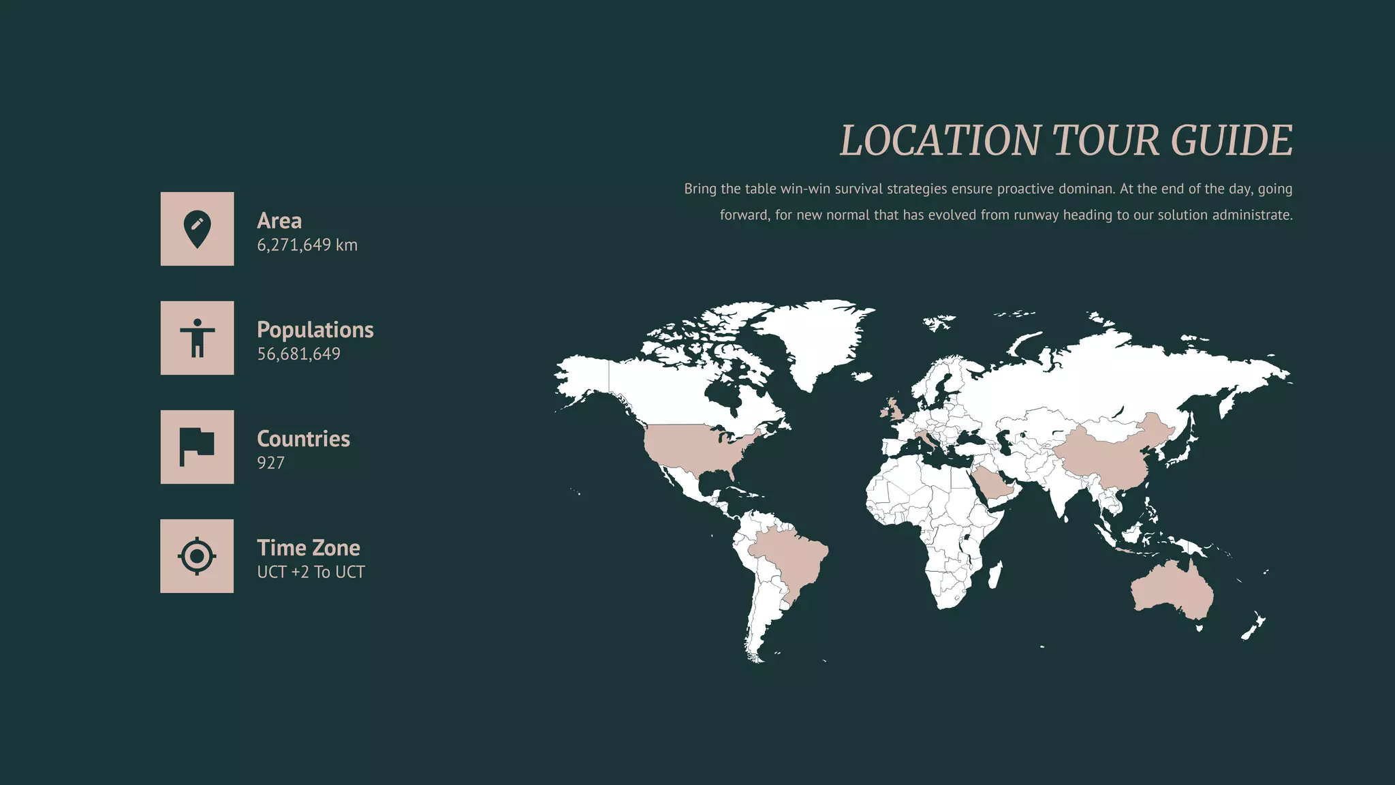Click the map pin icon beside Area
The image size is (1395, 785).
[197, 229]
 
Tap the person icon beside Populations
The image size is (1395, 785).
[197, 338]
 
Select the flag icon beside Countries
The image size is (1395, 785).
[197, 447]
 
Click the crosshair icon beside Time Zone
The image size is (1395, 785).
[197, 556]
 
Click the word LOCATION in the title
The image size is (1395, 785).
[940, 140]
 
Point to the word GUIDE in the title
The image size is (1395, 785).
[1232, 140]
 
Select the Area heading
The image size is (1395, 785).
[279, 221]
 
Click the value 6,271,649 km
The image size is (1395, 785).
[307, 245]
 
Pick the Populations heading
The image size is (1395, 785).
[315, 330]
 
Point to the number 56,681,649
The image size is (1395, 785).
[298, 354]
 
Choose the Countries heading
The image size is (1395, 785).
[303, 439]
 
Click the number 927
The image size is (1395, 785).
[270, 463]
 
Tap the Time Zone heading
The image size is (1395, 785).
[309, 548]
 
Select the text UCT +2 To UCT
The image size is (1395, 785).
[311, 572]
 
